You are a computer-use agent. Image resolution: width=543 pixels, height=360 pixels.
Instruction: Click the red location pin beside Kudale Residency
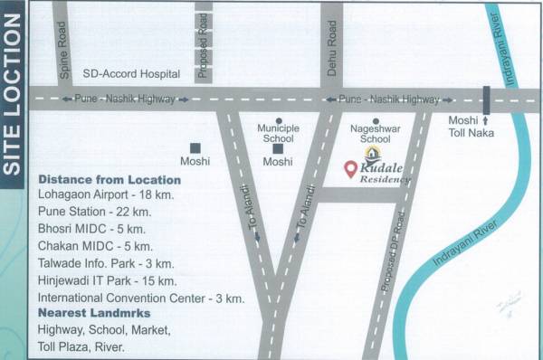(x=350, y=169)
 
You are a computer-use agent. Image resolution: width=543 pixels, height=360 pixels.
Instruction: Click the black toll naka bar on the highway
(x=487, y=99)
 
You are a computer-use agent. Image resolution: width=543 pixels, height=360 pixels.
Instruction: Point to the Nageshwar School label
(x=375, y=134)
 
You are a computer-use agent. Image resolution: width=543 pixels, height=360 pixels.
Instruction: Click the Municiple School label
(x=277, y=134)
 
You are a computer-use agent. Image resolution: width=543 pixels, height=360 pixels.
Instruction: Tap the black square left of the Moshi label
(x=195, y=147)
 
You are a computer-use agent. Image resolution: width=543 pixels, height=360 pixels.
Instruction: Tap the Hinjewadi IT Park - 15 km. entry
(x=107, y=279)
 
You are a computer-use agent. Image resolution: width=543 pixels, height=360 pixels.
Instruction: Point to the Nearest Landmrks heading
(x=91, y=313)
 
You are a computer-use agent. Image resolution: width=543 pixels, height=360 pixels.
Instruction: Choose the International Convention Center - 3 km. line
(x=140, y=297)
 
